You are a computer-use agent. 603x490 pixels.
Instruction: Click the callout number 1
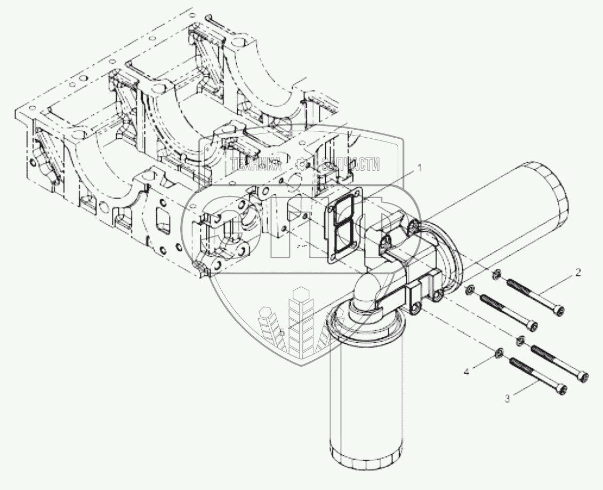click(420, 167)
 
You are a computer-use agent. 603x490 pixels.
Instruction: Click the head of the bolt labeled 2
click(558, 310)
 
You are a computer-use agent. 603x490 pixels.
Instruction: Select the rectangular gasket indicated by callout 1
click(343, 225)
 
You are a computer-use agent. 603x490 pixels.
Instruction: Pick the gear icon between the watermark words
click(302, 164)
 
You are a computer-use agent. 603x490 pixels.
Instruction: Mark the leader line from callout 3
click(525, 389)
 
